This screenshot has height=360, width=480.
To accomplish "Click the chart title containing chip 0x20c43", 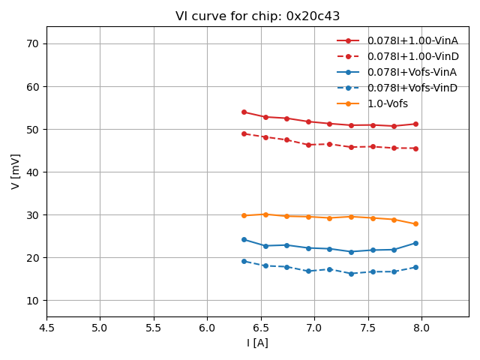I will tap(257, 16).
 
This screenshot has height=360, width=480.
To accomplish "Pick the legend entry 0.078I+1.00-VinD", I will tap(412, 56).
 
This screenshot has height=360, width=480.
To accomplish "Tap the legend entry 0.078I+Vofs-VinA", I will tap(412, 72).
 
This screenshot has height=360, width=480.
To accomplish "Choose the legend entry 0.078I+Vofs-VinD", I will tap(412, 88).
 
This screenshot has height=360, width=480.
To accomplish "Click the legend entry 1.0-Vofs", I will tap(388, 103).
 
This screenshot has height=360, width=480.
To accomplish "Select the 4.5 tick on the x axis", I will tap(46, 328).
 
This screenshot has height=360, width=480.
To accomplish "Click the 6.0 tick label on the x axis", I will tap(207, 328).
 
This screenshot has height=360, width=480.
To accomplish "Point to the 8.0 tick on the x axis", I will tap(421, 328).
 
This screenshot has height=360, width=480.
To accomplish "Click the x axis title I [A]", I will tap(257, 343).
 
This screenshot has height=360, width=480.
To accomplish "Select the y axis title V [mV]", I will tap(16, 172).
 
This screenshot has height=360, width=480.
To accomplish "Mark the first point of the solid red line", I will tap(244, 112).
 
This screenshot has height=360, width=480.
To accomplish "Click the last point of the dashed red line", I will tap(415, 148).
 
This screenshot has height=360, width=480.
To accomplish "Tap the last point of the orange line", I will tap(415, 223).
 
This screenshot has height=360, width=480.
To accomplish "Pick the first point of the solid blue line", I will tap(244, 239).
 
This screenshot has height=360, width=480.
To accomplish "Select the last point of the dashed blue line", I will tap(415, 267).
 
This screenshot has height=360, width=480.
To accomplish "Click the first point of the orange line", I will tap(244, 215).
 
